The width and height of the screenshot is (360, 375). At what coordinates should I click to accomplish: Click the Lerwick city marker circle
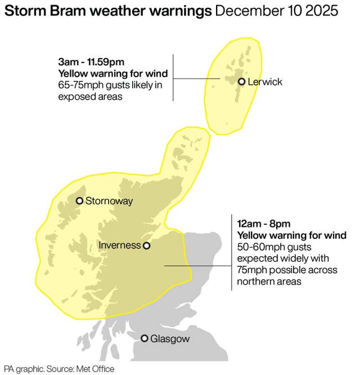[241, 82]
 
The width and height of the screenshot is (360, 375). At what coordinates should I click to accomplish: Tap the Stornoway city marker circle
[79, 201]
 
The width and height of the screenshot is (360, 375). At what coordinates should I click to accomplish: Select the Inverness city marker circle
[146, 245]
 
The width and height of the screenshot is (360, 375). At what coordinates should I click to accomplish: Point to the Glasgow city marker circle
[145, 338]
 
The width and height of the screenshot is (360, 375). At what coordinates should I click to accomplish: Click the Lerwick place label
[264, 82]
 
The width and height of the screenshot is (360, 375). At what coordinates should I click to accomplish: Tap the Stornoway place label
[109, 201]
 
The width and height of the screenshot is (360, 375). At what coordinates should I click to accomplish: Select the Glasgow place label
[170, 339]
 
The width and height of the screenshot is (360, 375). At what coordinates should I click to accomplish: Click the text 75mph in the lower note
[253, 270]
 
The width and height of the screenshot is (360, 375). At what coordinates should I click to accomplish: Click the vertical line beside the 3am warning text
[173, 78]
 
